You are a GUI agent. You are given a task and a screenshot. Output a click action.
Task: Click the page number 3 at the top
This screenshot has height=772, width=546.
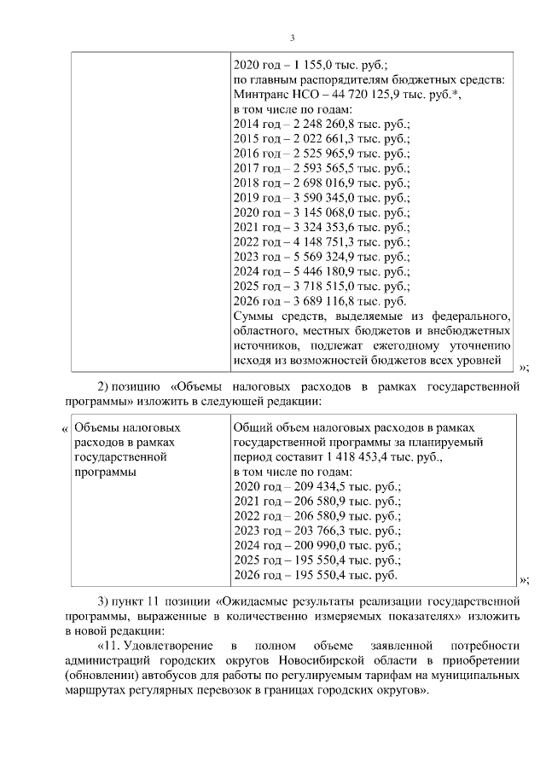click(x=292, y=38)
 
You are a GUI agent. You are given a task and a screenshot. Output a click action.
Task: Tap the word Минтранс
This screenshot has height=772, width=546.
click(x=261, y=95)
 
